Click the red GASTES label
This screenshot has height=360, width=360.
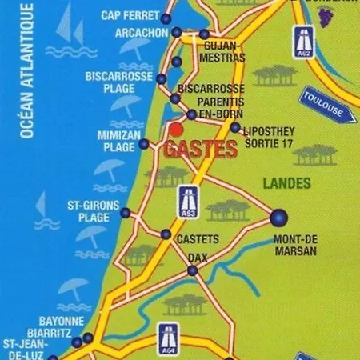[x=201, y=149]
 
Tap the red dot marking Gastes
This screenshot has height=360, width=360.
[x=176, y=128]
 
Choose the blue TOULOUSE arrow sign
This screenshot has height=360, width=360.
[x=323, y=105]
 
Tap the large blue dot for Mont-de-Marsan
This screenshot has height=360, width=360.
[x=279, y=217]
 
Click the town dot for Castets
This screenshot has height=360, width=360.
[x=166, y=234]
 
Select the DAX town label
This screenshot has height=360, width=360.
[x=197, y=257]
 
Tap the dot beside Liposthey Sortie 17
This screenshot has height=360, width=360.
[x=234, y=127]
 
